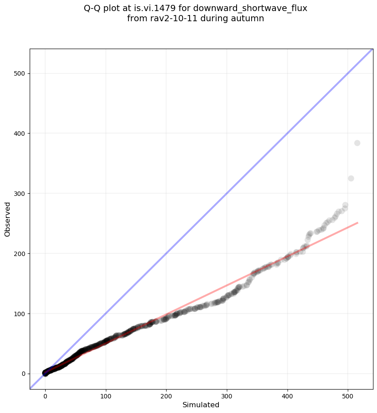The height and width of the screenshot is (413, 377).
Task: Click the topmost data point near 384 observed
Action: tap(357, 143)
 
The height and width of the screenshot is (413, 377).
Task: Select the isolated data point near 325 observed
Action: tap(351, 178)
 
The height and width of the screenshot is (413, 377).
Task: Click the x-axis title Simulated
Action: tap(201, 405)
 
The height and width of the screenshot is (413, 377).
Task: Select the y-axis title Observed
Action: tap(8, 219)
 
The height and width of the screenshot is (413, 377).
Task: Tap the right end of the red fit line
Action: tap(357, 223)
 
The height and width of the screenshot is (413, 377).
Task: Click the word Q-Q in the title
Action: tap(93, 8)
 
